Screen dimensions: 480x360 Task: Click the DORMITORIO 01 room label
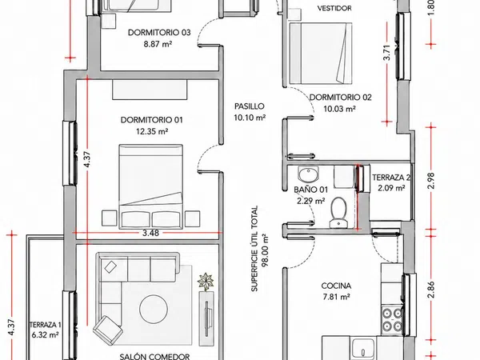pyautogui.click(x=151, y=120)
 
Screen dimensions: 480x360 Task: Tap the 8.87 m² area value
pyautogui.click(x=158, y=44)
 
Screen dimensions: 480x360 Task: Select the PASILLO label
pyautogui.click(x=249, y=106)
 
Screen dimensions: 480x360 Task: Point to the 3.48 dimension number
pyautogui.click(x=150, y=233)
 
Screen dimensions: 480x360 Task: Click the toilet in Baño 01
pyautogui.click(x=338, y=213)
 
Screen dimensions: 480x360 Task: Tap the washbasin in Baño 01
pyautogui.click(x=308, y=174)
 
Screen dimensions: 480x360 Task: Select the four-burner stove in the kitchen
pyautogui.click(x=392, y=319)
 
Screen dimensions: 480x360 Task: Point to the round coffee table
pyautogui.click(x=154, y=309)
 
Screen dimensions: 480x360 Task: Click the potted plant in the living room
pyautogui.click(x=206, y=282)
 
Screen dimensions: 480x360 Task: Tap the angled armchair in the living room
pyautogui.click(x=108, y=330)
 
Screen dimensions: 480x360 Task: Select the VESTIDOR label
pyautogui.click(x=334, y=8)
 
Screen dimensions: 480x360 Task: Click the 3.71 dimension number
pyautogui.click(x=387, y=53)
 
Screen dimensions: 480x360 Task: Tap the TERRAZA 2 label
pyautogui.click(x=391, y=178)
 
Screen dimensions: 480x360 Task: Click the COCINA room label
pyautogui.click(x=336, y=286)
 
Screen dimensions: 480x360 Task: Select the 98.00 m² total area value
pyautogui.click(x=265, y=250)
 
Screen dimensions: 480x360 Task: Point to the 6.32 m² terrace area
pyautogui.click(x=45, y=335)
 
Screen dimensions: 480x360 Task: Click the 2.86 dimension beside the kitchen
pyautogui.click(x=431, y=290)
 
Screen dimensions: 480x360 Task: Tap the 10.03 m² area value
pyautogui.click(x=339, y=109)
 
